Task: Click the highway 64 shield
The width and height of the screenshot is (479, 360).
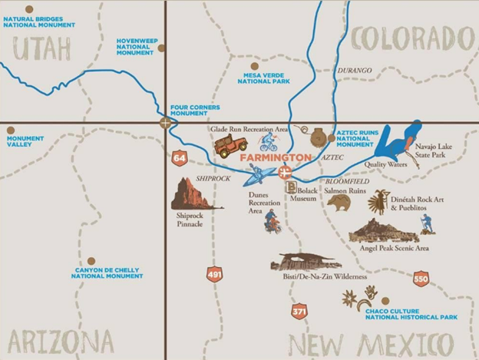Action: (180, 159)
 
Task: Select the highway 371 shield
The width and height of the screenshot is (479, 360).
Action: (299, 311)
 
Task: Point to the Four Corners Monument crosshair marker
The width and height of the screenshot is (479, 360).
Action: (165, 123)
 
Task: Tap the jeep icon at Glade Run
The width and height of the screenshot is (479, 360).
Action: (230, 145)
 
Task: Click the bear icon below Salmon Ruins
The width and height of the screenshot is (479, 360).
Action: (339, 203)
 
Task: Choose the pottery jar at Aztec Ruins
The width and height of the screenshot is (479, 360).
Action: (319, 137)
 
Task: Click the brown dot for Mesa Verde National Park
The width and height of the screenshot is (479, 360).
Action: (255, 66)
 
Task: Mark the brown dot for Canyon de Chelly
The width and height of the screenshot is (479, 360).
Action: (91, 261)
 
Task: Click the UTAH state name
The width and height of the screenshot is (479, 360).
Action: (42, 48)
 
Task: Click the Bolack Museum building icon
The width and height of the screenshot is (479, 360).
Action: (292, 187)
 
